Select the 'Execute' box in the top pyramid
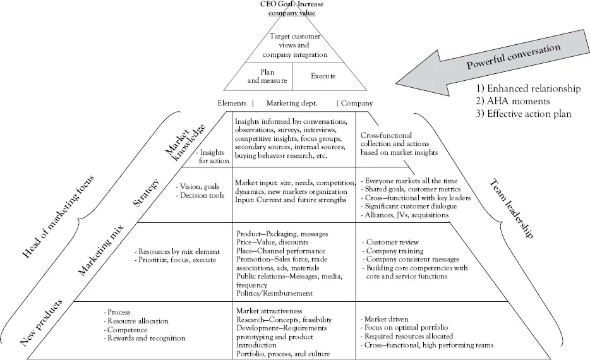[323, 76]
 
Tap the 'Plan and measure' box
[267, 76]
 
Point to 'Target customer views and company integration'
[293, 45]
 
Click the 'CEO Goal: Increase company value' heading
[292, 8]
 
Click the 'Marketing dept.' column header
[291, 103]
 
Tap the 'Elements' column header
[232, 103]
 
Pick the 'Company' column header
[358, 103]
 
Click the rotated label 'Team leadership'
[512, 208]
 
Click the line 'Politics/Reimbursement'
[274, 293]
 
